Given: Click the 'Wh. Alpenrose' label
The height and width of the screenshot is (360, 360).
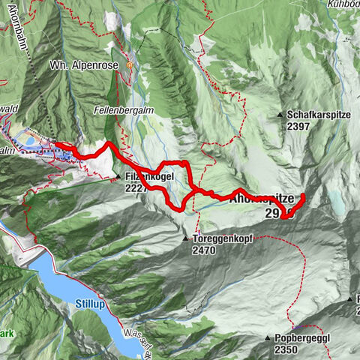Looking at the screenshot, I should (85, 64).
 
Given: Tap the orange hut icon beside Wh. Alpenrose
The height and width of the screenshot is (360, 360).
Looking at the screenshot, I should (129, 65).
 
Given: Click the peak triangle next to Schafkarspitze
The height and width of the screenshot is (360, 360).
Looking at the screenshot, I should (280, 115).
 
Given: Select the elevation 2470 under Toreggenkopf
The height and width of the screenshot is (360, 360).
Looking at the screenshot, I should (203, 250).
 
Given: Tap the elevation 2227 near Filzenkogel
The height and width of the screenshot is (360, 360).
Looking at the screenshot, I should (137, 189).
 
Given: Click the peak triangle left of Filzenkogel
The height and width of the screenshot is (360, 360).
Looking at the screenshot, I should (118, 178).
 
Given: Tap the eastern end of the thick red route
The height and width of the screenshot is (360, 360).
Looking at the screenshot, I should (303, 196).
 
